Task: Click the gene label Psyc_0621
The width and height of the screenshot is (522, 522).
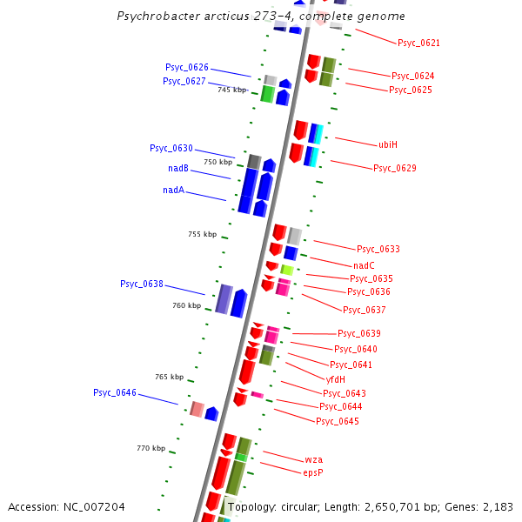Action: (x=418, y=43)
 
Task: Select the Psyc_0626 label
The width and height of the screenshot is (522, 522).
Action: (x=187, y=67)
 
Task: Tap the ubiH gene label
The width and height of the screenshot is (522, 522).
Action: (x=388, y=144)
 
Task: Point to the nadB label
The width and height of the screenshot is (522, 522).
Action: (x=178, y=169)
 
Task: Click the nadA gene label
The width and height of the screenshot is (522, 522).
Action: (x=173, y=190)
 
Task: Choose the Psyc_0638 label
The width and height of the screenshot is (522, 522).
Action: (x=142, y=284)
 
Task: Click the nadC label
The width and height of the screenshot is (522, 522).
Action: (x=364, y=265)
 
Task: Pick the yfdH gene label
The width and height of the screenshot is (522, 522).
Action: (x=336, y=379)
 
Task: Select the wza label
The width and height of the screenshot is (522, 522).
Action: (x=313, y=458)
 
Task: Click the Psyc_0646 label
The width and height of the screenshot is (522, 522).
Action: (x=115, y=392)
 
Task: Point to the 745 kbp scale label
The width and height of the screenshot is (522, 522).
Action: (x=232, y=90)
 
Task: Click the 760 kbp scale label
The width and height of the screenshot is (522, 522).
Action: (x=186, y=305)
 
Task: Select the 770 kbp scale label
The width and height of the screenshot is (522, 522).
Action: (x=151, y=448)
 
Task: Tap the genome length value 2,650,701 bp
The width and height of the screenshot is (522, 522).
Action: (x=405, y=506)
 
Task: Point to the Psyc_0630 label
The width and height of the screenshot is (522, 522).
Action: (x=171, y=148)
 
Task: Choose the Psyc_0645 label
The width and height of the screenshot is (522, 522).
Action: (x=338, y=421)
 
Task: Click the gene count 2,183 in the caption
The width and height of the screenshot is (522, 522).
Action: (x=499, y=506)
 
